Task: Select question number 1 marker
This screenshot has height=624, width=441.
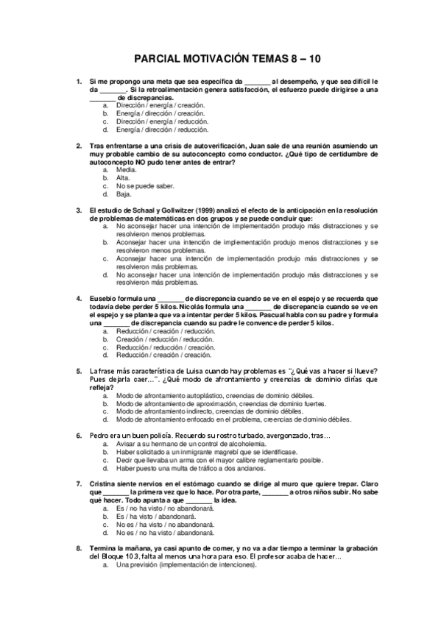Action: pos(80,81)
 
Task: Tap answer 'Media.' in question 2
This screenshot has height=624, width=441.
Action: pos(127,169)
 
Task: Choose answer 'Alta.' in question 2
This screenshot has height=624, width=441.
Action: pos(124,178)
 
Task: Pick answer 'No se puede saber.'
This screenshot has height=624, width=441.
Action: pos(145,186)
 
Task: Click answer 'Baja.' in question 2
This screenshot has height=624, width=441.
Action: pos(124,194)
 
